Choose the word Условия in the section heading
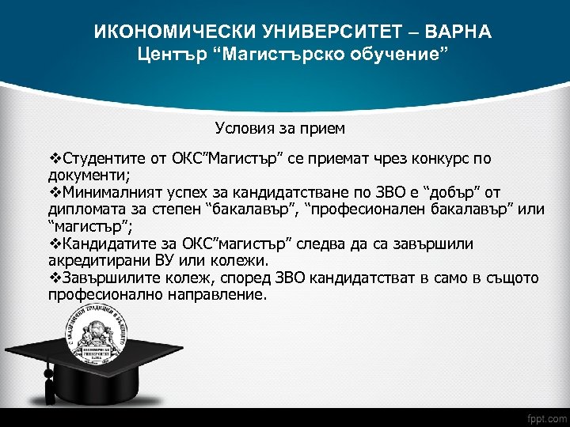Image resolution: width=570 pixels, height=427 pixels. pos(244,127)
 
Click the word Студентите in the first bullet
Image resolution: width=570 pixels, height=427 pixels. pos(102,158)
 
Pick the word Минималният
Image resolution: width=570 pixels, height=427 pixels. pos(112,193)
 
